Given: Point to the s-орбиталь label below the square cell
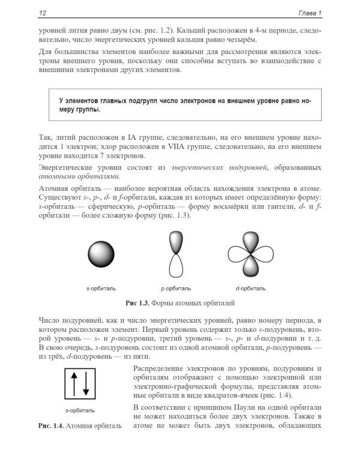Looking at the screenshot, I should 80,410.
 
